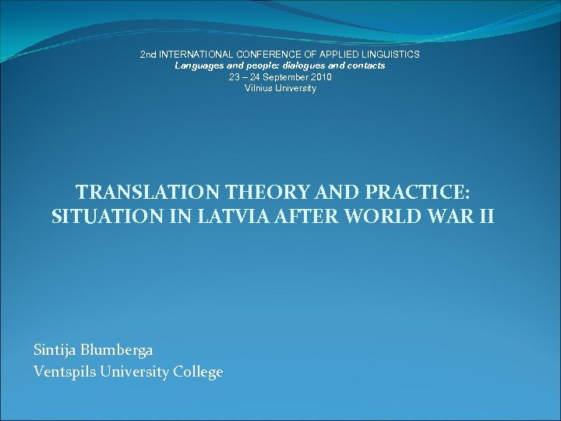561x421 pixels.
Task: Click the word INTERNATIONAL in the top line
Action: point(195,55)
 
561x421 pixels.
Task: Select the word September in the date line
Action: point(287,77)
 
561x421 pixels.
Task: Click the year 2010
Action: point(321,77)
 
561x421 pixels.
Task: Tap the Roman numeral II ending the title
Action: point(485,217)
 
